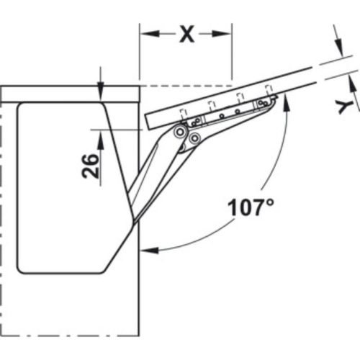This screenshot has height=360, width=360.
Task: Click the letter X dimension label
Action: coord(187,33)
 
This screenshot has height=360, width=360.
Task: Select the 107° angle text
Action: coord(251,209)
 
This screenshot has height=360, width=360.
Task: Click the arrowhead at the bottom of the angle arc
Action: coord(148,250)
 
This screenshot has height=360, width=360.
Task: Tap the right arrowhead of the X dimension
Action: coord(225,33)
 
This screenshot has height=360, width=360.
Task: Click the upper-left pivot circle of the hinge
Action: coord(179,132)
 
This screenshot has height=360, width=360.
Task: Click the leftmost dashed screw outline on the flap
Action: coord(183,114)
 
